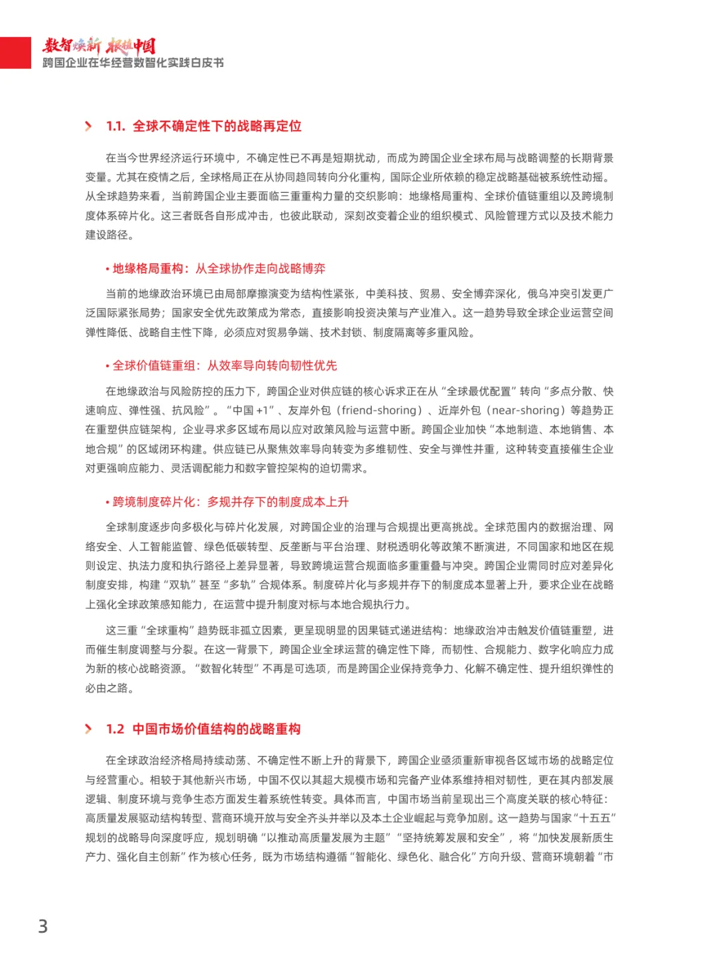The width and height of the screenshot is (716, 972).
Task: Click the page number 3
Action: pos(43,926)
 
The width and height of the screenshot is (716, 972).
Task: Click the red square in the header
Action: pos(15,52)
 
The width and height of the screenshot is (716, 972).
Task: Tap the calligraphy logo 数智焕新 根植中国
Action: pos(99,45)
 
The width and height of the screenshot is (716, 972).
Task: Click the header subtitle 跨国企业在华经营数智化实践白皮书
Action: pos(133,63)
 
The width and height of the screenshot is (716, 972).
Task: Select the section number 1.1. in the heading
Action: pos(115,126)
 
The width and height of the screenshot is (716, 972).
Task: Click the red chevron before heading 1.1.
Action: pos(89,126)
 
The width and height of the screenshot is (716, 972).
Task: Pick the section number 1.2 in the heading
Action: pos(115,729)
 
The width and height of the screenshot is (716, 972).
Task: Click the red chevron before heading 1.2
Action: pos(89,729)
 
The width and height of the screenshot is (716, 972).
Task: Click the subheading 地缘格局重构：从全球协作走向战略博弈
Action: pos(219,269)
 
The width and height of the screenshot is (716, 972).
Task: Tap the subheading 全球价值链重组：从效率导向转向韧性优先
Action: pos(225,365)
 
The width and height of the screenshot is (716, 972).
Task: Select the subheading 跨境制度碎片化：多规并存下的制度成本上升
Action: pos(230,502)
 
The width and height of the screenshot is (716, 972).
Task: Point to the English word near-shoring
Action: pos(526,410)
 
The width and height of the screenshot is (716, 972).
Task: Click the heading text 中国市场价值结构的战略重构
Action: pos(216,729)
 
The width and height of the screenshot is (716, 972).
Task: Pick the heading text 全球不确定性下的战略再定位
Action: pos(217,126)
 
